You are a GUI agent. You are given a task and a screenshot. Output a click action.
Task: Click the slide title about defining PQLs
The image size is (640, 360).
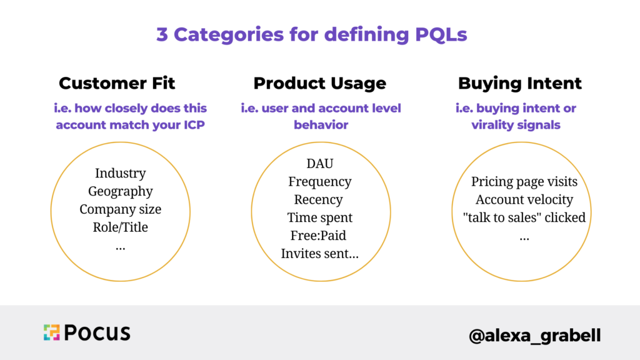pyautogui.click(x=311, y=34)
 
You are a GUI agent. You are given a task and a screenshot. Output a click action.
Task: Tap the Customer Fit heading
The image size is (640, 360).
pyautogui.click(x=117, y=84)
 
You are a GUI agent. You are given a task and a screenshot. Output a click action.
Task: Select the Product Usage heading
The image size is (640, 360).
pyautogui.click(x=319, y=84)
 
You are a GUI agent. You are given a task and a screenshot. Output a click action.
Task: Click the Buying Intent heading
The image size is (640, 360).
pyautogui.click(x=519, y=84)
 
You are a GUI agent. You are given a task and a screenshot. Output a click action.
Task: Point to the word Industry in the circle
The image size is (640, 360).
pyautogui.click(x=120, y=173)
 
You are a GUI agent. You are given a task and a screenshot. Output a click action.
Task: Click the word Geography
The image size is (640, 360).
pyautogui.click(x=120, y=191)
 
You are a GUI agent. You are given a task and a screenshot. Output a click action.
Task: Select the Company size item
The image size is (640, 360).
pyautogui.click(x=120, y=209)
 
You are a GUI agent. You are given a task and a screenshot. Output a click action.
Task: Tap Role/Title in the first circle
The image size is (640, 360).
pyautogui.click(x=120, y=227)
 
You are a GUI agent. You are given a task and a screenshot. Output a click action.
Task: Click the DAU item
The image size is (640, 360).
pyautogui.click(x=319, y=164)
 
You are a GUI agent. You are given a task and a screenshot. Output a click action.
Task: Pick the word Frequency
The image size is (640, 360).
pyautogui.click(x=319, y=182)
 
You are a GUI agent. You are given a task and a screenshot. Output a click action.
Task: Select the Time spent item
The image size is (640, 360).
pyautogui.click(x=319, y=218)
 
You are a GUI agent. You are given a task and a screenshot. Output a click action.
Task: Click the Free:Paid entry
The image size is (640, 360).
pyautogui.click(x=318, y=236)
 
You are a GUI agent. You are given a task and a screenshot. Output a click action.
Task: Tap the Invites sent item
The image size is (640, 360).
pyautogui.click(x=319, y=254)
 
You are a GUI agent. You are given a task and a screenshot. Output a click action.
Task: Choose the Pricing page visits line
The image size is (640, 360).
pyautogui.click(x=524, y=182)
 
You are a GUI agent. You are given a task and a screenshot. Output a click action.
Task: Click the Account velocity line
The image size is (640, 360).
pyautogui.click(x=524, y=200)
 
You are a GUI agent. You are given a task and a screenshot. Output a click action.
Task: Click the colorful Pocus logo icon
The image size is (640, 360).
pyautogui.click(x=51, y=332)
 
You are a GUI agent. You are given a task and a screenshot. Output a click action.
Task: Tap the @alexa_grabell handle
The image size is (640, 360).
pyautogui.click(x=534, y=335)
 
